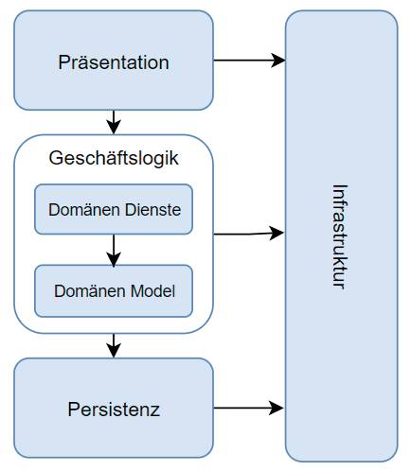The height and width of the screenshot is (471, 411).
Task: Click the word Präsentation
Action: pos(114,62)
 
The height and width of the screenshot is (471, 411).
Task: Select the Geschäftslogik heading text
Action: pos(114,158)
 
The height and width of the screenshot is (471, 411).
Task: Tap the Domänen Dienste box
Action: pos(114,209)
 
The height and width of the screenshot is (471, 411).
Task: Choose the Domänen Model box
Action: pos(114,290)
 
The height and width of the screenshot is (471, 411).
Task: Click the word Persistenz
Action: pos(114,410)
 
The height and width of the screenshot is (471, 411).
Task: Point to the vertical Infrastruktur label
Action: pos(341,236)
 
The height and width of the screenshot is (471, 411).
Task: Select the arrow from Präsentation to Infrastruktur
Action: pos(249,61)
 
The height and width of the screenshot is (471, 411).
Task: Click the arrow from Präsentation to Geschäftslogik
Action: pos(114,122)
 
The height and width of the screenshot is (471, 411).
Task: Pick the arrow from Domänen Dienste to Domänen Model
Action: pos(114,251)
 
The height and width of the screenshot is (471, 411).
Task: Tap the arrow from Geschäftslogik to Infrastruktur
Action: pos(249,234)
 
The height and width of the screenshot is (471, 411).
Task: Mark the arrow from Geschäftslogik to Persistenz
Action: pos(114,345)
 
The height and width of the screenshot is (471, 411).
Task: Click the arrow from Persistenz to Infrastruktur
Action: pos(249,408)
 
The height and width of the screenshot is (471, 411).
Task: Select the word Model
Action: pos(152,291)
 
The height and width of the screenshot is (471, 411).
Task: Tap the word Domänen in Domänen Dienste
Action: pos(84,210)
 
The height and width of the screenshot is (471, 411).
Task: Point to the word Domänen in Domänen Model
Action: pos(90,291)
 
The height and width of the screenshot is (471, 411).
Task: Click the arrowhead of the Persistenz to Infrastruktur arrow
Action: pos(277,408)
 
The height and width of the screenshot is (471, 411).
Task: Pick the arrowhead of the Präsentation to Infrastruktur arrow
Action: pos(277,61)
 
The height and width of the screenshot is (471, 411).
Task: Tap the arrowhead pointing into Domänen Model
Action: pos(114,259)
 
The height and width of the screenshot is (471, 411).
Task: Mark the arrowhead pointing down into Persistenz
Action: pos(114,350)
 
